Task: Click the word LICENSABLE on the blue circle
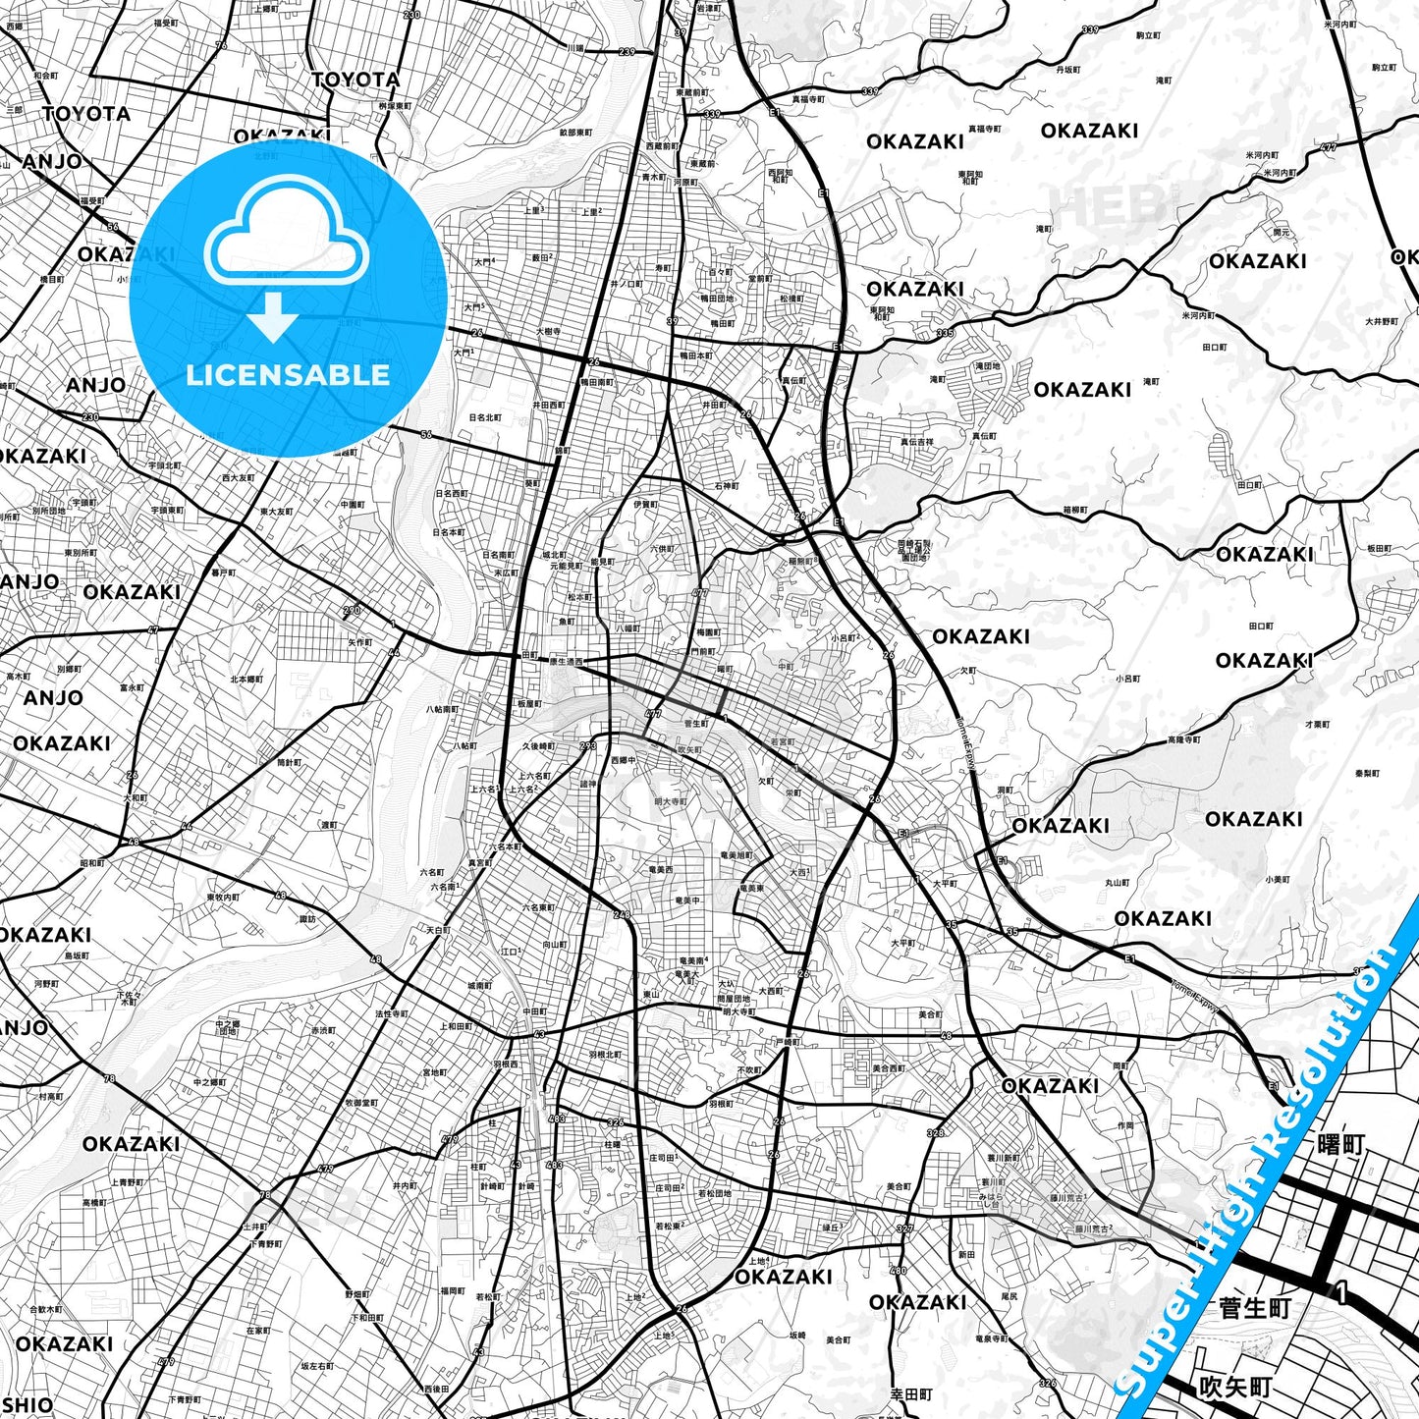288,375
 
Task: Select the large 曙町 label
1340,1145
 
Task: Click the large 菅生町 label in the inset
1254,1309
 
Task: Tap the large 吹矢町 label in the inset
1235,1387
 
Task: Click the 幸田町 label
911,1394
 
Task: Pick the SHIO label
27,1405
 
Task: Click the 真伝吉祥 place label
917,443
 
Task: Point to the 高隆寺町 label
1184,739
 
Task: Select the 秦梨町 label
1367,774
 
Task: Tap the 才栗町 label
1317,724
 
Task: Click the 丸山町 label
1118,883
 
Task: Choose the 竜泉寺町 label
992,1339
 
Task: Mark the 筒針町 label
289,763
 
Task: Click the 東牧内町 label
223,898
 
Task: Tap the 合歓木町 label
45,1309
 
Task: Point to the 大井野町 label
1382,322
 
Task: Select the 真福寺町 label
985,129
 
